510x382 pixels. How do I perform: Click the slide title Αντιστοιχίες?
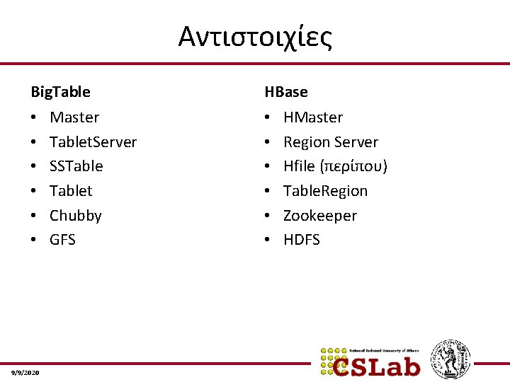(x=255, y=37)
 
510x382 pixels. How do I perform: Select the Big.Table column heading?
(x=60, y=92)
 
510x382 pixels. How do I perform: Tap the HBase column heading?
(x=286, y=92)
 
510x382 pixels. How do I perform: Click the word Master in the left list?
(x=74, y=117)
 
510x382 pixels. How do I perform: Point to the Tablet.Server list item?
(x=93, y=142)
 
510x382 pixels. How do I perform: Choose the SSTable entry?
(x=76, y=166)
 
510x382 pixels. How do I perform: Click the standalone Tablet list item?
(x=71, y=191)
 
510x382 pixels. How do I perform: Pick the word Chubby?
(x=75, y=216)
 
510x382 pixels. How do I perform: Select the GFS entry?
(x=62, y=240)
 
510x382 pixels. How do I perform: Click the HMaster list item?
(x=313, y=117)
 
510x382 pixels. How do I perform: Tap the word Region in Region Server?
(x=306, y=142)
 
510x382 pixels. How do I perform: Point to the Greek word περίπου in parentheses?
(x=353, y=167)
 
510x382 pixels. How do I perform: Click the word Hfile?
(x=299, y=166)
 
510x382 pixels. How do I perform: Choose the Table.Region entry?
(x=325, y=191)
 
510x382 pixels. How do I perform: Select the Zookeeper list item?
(x=320, y=216)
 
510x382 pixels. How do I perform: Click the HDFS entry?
(x=302, y=240)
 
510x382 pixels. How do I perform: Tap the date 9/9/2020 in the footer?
(x=25, y=372)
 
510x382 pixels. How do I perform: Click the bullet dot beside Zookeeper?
(x=268, y=216)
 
